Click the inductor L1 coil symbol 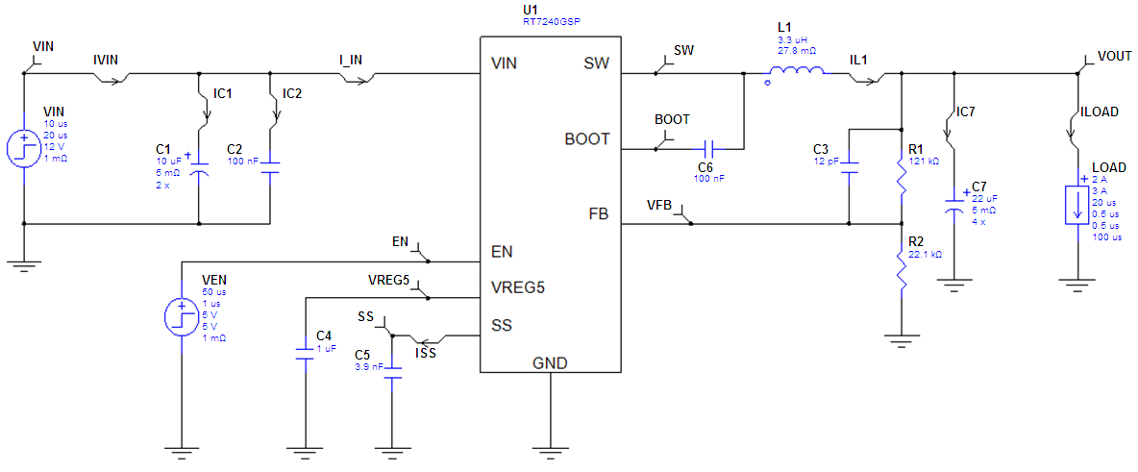click(x=794, y=71)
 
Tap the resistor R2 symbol click(x=902, y=274)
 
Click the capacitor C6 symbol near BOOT click(x=708, y=149)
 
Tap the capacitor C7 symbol click(x=953, y=205)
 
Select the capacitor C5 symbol click(x=391, y=372)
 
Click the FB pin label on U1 click(x=598, y=211)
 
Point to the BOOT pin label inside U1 click(x=586, y=138)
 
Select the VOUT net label click(x=1114, y=57)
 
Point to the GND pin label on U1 click(x=550, y=362)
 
